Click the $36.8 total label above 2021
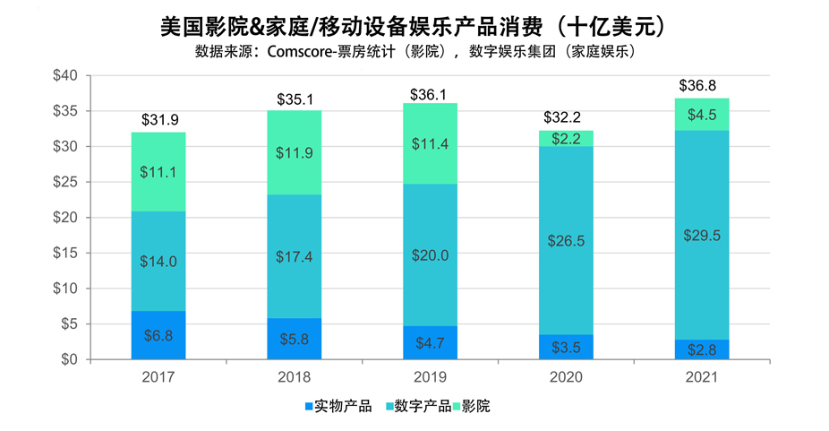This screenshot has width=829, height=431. (x=701, y=86)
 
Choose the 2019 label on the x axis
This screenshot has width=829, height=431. (x=430, y=376)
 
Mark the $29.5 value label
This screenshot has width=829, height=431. (x=701, y=236)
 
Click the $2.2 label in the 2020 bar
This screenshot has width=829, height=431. (x=566, y=138)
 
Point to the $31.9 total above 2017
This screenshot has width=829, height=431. (x=158, y=120)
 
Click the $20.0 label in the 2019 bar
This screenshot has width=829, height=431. (x=430, y=254)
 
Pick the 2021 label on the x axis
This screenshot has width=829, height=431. (x=701, y=376)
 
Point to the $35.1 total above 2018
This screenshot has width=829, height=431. (x=295, y=99)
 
